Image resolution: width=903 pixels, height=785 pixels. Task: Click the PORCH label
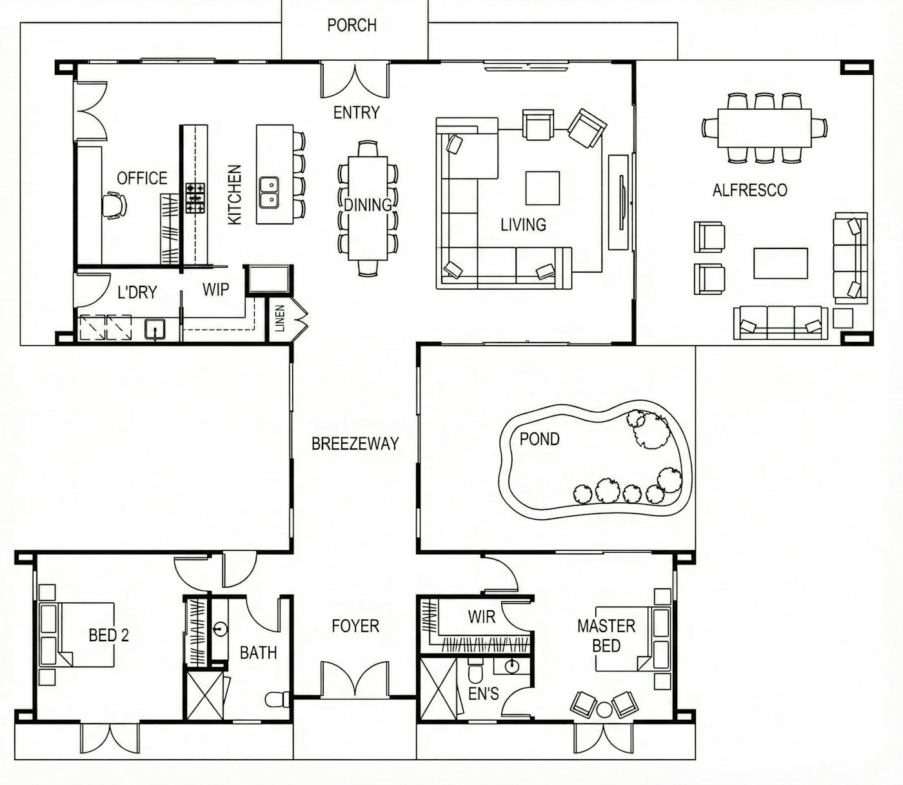coord(352,25)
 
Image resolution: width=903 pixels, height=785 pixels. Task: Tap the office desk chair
coord(114,205)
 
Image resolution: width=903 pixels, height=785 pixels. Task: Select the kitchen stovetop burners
coord(195,198)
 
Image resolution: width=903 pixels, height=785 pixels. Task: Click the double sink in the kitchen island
coord(269,192)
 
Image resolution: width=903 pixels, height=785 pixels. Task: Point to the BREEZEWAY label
coord(355,444)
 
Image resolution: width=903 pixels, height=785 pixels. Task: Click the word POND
coord(539,439)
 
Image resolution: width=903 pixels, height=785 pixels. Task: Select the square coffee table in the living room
coord(542,188)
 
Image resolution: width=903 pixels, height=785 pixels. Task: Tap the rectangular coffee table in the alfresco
coord(780,263)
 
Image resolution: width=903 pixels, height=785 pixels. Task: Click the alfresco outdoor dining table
coord(764,128)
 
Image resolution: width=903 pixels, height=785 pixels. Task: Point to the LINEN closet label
coord(280,319)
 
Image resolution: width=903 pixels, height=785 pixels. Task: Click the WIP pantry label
coord(216,290)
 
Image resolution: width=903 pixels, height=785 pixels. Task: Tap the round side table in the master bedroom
coord(604,710)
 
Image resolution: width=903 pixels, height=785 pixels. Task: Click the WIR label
coord(482,617)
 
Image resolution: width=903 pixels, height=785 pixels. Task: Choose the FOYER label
coord(355,626)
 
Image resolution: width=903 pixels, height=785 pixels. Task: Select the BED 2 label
coord(108,635)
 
